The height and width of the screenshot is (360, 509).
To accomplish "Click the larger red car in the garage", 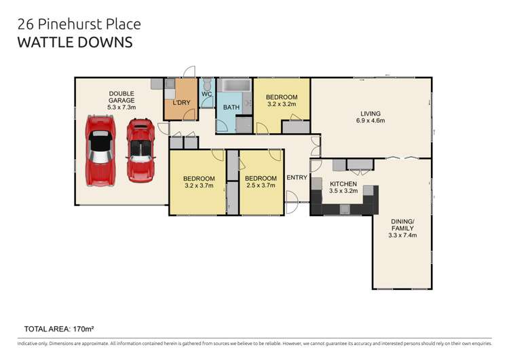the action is pos(100,151).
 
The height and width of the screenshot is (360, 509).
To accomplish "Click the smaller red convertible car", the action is pos(140,150).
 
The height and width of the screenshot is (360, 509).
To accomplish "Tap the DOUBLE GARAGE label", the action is pos(121,97).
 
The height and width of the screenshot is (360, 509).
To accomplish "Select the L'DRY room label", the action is pos(181,103).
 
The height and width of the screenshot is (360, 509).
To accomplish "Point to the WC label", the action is pos(207,94).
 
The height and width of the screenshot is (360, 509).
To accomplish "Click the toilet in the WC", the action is pos(207,84).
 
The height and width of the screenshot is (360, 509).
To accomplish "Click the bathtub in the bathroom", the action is pos(234,86).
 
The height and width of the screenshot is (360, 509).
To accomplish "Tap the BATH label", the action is pos(231,107).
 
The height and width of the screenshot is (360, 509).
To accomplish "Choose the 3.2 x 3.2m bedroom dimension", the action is pos(282,105).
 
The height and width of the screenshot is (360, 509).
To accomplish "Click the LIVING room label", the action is pos(371,113).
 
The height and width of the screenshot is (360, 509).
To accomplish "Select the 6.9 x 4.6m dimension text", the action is pos(371,120).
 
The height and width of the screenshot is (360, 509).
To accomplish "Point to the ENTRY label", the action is pos(297,177).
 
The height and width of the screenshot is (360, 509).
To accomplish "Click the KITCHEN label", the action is pos(343,184).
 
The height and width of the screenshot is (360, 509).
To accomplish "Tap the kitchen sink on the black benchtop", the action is pos(345,209).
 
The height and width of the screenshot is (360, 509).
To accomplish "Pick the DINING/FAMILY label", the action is pos(402,225).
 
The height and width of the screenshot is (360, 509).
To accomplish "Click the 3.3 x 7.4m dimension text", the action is pos(402,235).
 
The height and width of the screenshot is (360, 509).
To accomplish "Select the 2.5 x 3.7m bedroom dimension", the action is pos(261,185).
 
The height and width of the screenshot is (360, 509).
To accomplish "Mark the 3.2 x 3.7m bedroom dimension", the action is pos(199,185).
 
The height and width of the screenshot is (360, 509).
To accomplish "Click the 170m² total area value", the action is pos(83,329).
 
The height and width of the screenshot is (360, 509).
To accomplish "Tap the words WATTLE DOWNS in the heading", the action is pos(75,43).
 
